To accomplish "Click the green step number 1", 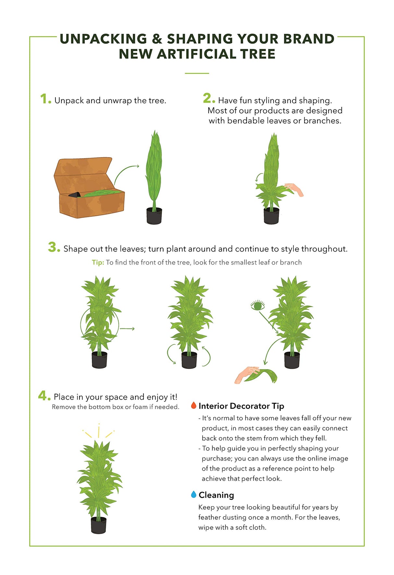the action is point(45,99).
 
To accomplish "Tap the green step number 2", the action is point(209,98).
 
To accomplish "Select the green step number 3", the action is point(54,247).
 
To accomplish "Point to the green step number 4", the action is point(44,395).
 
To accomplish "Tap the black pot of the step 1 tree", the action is point(154,216).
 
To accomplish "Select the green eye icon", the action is point(258,306).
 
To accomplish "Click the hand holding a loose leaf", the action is point(247,375).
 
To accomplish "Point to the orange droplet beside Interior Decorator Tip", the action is point(194,405).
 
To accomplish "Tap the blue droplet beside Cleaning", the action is point(194,494).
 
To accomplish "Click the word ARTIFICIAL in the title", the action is point(198,54).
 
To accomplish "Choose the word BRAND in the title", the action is point(309,39).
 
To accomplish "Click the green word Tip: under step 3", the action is point(98,262).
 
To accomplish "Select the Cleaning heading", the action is point(216,495).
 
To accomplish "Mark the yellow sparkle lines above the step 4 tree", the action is point(98,431).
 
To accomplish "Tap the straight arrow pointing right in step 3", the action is point(127,329).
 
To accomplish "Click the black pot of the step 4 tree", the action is point(99,525).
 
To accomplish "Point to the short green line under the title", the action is point(197,73).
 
